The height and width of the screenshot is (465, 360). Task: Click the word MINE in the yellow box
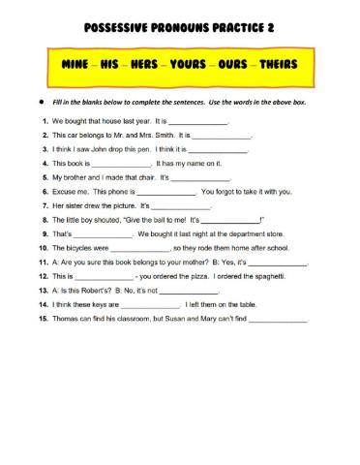77,71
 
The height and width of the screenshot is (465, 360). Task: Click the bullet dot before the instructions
41,101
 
